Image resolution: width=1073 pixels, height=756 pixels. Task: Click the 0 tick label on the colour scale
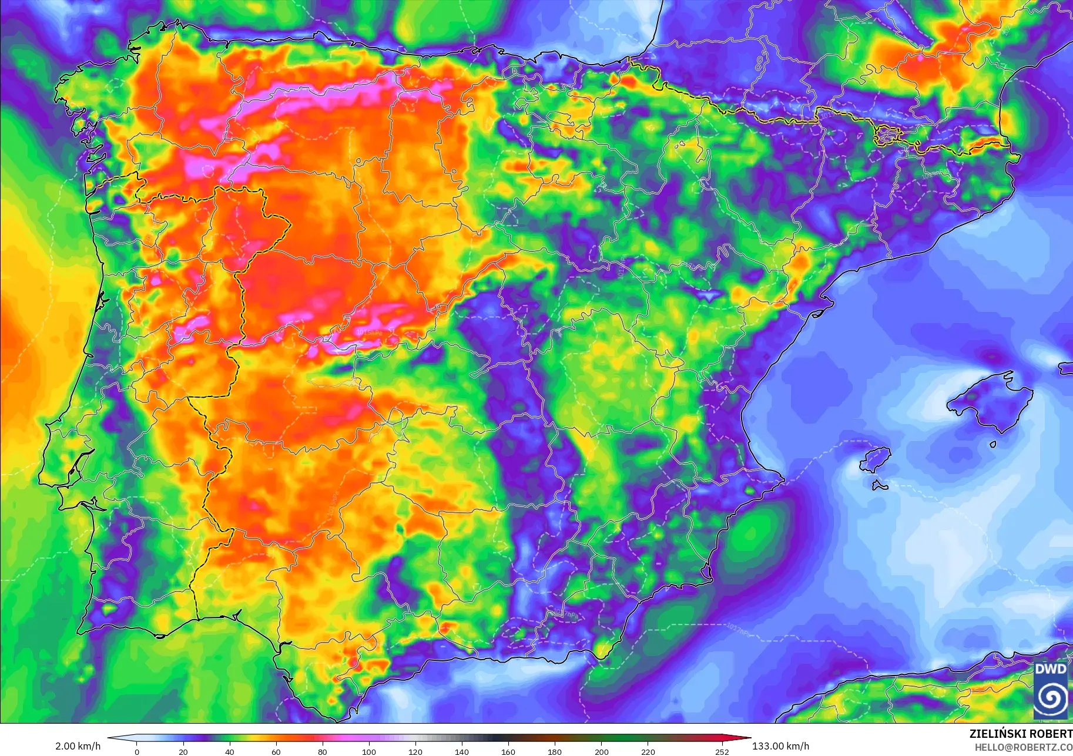coord(137,751)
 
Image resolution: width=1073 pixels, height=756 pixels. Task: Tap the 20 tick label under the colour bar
coord(183,751)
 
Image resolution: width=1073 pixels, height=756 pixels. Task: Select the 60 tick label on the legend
coord(276,751)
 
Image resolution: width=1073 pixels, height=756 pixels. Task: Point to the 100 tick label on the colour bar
coord(368,751)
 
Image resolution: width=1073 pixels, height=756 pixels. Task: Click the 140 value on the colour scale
coord(462,751)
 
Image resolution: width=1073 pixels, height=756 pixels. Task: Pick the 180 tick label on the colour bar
coord(555,751)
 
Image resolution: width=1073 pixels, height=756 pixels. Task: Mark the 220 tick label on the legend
coord(648,751)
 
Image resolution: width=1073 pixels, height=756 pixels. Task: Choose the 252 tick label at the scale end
coord(722,751)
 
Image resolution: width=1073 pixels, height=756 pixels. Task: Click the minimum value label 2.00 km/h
coord(78,746)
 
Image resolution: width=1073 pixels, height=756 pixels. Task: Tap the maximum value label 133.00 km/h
coord(780,746)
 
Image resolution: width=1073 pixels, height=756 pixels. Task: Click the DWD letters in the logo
coord(1051,669)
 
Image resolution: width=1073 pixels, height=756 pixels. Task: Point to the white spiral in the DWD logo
coord(1051,698)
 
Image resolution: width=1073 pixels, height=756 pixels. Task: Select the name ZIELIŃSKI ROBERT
coord(1021,734)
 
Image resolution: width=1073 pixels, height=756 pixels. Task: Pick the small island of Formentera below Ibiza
coord(879,486)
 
